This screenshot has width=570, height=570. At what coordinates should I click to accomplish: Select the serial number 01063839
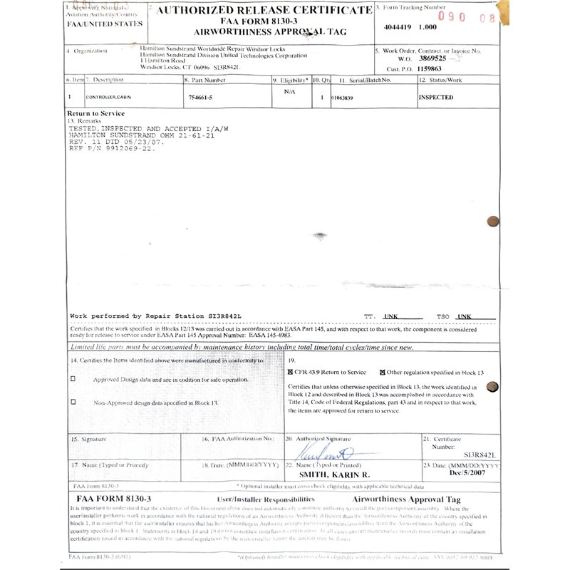[x=346, y=98]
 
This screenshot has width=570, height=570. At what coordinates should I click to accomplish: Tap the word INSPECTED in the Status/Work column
[x=435, y=98]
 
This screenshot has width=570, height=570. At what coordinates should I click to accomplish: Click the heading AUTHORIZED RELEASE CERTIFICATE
[x=264, y=11]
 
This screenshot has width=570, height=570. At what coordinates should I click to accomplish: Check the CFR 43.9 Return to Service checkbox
[x=291, y=372]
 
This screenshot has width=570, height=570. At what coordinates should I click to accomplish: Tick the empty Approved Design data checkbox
[x=73, y=379]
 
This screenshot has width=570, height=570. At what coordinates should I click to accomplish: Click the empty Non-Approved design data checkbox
[x=73, y=402]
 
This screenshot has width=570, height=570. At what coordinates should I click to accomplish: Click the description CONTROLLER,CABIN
[x=109, y=98]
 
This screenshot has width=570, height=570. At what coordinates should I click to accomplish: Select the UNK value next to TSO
[x=466, y=316]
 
